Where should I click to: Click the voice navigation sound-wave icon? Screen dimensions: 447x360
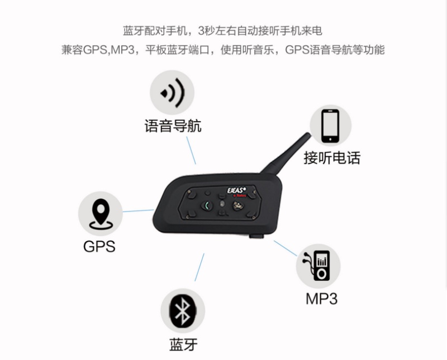[172, 93]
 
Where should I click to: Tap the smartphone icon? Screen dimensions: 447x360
[330, 126]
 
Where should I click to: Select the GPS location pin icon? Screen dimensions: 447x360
[101, 214]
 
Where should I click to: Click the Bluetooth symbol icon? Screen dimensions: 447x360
[183, 310]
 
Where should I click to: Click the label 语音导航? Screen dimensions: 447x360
[173, 126]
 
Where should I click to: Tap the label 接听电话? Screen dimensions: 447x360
[332, 158]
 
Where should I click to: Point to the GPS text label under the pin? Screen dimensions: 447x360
[99, 246]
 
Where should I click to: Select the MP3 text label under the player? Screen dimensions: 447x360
[322, 299]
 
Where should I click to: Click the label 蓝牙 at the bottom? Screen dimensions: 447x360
[184, 344]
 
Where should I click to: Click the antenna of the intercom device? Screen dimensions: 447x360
[286, 153]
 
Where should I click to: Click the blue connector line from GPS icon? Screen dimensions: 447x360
[138, 211]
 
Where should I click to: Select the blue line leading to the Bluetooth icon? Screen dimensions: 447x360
[199, 267]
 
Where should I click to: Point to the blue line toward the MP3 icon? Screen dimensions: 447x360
[286, 248]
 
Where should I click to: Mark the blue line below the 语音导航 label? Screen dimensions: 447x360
[191, 150]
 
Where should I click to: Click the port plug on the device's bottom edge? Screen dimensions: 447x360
[256, 236]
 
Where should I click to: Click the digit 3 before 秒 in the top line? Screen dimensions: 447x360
[202, 31]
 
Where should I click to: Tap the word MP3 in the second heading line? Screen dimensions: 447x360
[122, 50]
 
